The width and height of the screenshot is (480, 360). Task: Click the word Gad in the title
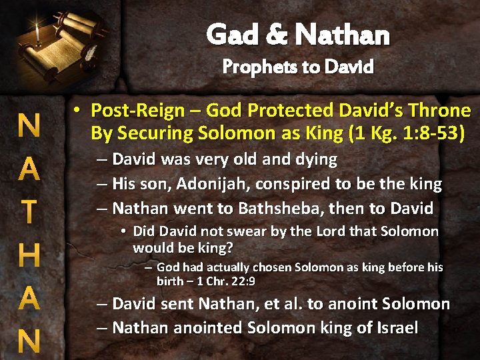click(x=229, y=34)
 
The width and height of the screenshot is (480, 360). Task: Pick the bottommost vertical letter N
click(x=28, y=341)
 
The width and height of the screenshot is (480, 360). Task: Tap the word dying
click(x=315, y=160)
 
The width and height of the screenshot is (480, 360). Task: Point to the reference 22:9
click(x=241, y=281)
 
